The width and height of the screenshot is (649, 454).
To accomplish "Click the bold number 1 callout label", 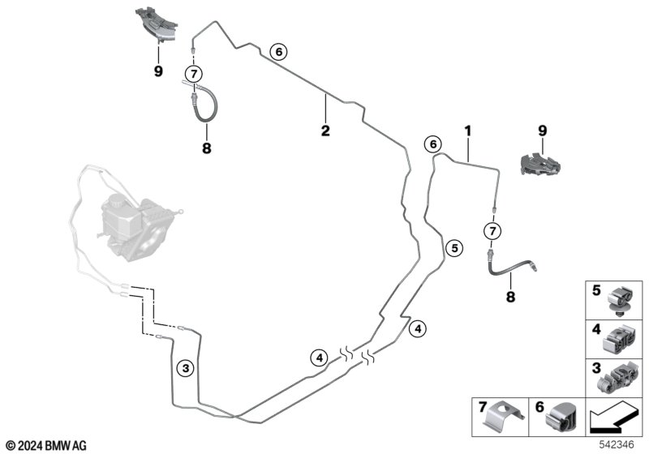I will pos(467,130).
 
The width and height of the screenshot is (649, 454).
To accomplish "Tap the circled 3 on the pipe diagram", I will pos(186,369).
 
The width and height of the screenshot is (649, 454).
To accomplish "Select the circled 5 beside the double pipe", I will pos(454,248).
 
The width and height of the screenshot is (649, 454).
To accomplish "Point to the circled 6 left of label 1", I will pos(434,144).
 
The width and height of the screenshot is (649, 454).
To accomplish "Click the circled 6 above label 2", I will pos(277,53).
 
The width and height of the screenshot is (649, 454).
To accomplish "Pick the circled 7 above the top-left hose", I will pos(193,74).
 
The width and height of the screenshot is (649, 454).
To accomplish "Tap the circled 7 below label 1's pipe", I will pos(492,230).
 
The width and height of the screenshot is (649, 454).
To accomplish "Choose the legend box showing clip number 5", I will pos(615,299).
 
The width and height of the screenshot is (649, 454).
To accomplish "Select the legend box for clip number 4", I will pos(615,338).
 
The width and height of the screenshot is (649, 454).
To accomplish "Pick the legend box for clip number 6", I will pos(555,416).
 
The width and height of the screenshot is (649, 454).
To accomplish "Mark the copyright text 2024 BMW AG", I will pos(45,445).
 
